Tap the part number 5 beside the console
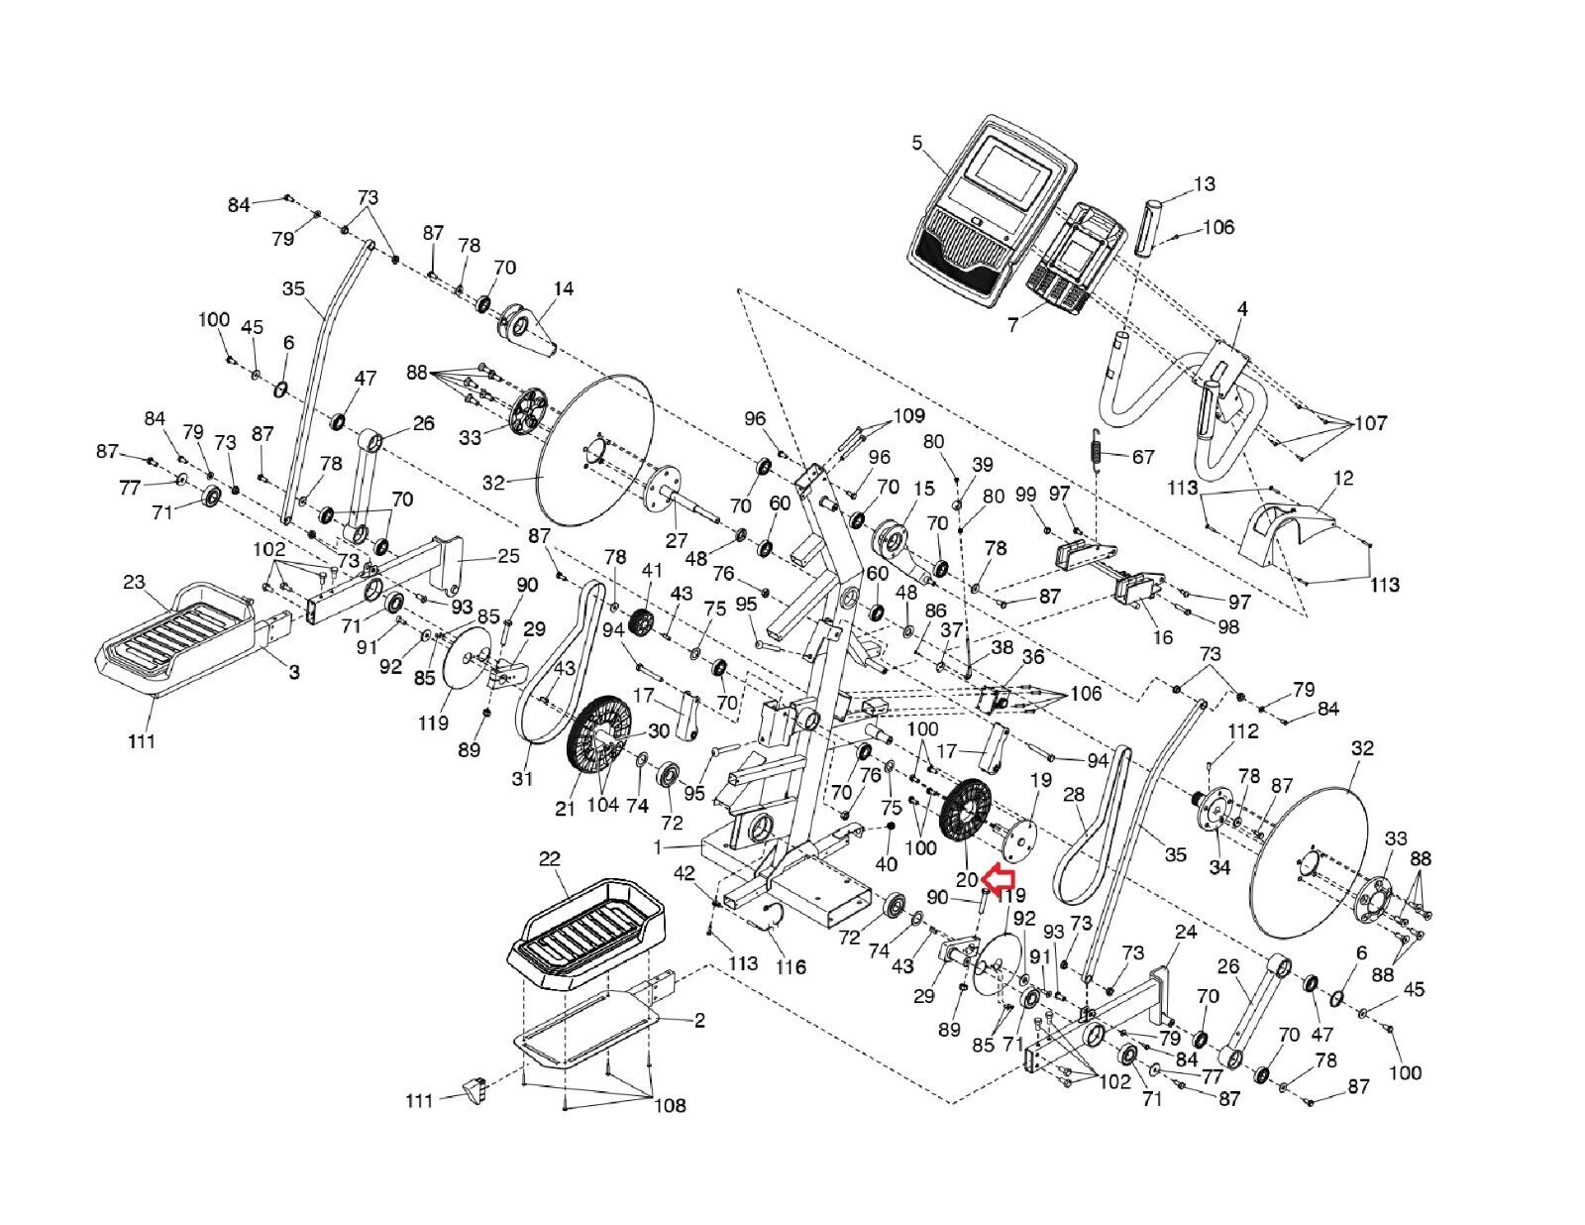coord(917,143)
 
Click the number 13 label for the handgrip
coord(1205,184)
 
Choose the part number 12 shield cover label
coord(1343,478)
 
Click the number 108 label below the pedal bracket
coord(670,1105)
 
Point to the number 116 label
coord(791,966)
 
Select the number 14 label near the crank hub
coord(564,289)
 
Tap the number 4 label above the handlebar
coord(1242,308)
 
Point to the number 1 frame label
coord(658,847)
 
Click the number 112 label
coord(1243,730)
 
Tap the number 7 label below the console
coord(1012,325)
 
